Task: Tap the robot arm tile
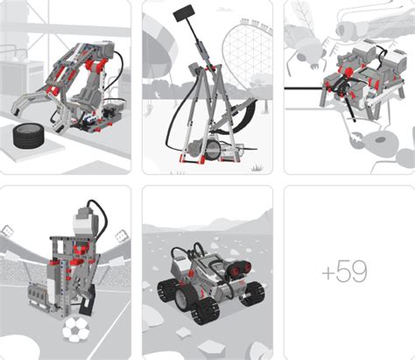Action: point(65,86)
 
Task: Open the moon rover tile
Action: point(207,272)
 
